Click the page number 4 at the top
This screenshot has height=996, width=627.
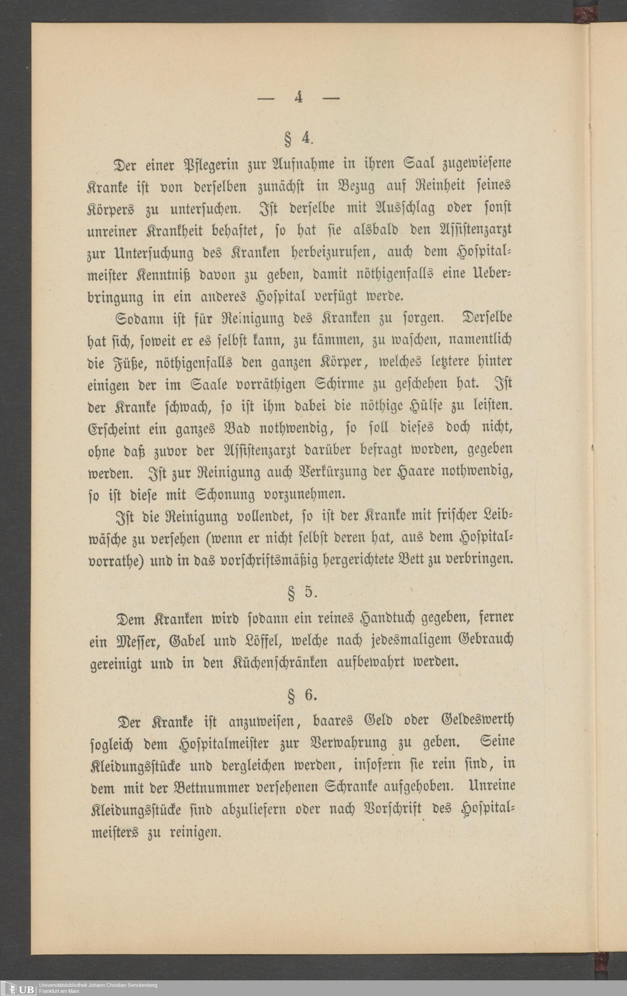coord(298,98)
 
